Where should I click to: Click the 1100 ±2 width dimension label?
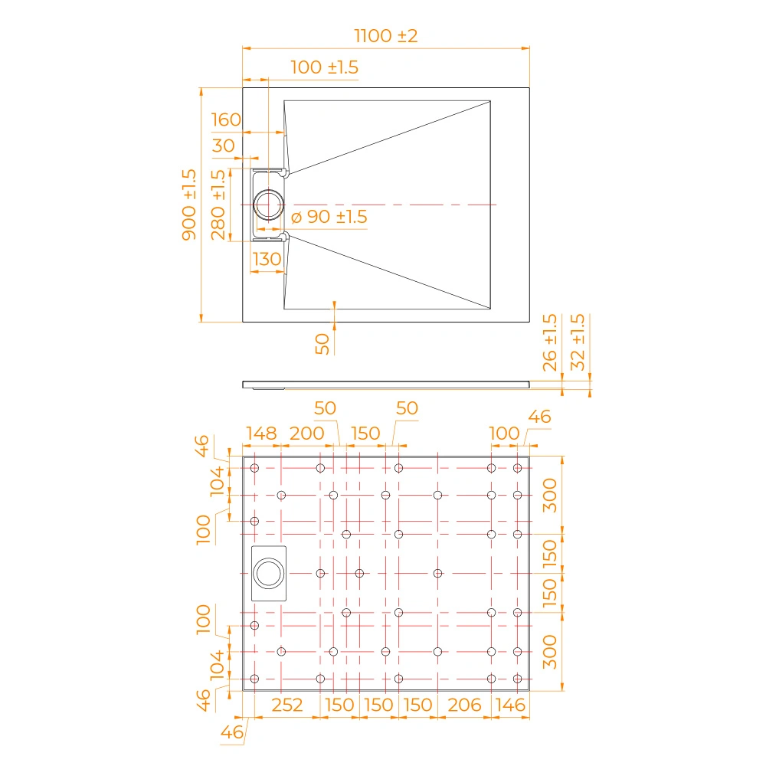[x=385, y=36]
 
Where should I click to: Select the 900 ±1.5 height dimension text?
[x=189, y=205]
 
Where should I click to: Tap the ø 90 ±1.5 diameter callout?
[x=329, y=217]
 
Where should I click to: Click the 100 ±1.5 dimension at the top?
[x=324, y=67]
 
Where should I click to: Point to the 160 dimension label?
[x=226, y=119]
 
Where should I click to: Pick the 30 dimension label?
[x=223, y=146]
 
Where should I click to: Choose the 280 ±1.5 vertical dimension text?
[x=218, y=205]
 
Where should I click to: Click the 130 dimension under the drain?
[x=267, y=259]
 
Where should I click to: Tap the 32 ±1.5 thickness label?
[x=578, y=342]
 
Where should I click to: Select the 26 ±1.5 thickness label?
[x=549, y=342]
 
